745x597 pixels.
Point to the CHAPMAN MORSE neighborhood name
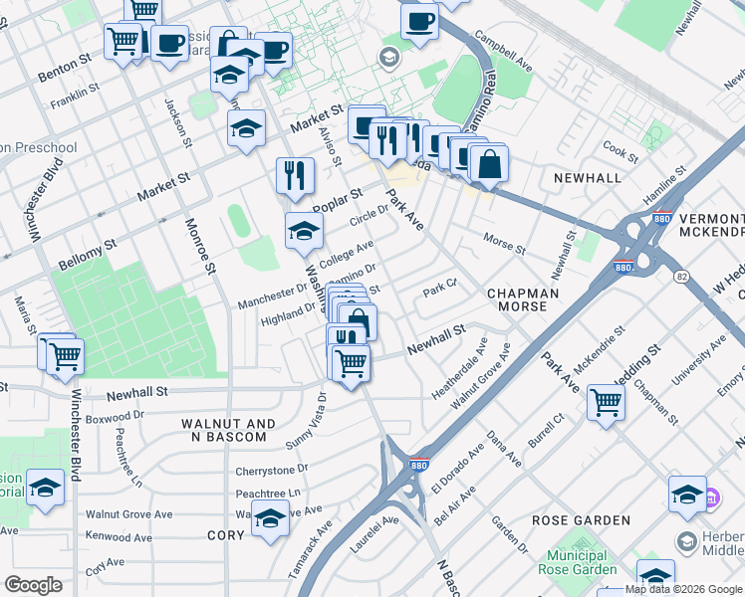click(516, 299)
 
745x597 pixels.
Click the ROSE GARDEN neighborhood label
click(581, 520)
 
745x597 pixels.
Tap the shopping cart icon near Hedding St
click(606, 403)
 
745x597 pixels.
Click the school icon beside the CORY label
click(269, 517)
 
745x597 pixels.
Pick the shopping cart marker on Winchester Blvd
click(64, 353)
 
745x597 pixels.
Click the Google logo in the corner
click(33, 585)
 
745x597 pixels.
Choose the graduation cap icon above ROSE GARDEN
click(687, 494)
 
